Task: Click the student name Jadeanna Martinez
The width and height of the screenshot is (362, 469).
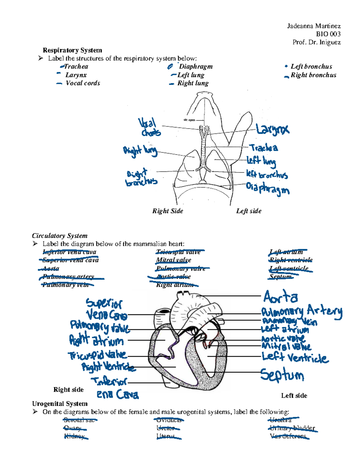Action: [x=314, y=26]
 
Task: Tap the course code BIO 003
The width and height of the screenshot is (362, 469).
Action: [x=328, y=34]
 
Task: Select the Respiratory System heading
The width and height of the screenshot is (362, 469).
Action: [x=72, y=50]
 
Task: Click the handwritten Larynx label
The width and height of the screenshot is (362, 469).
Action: [x=272, y=130]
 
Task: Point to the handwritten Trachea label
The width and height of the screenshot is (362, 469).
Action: [x=264, y=148]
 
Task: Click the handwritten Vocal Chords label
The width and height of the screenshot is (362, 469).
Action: [x=150, y=127]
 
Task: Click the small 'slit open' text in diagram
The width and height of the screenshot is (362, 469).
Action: [x=189, y=120]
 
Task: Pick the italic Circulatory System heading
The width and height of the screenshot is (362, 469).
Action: [x=60, y=236]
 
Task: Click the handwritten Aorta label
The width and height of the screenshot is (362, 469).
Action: [x=281, y=297]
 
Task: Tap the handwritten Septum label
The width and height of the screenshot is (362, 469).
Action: [x=282, y=375]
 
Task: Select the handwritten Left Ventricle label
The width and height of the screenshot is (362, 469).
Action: [x=295, y=358]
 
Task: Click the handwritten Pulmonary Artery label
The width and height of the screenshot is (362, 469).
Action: [x=302, y=311]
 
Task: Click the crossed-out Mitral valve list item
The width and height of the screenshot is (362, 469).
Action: [x=173, y=260]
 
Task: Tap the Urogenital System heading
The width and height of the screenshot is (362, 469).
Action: [x=60, y=404]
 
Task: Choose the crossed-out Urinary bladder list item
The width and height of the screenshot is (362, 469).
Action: [x=292, y=428]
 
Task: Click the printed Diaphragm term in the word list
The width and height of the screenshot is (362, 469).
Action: [x=195, y=66]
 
